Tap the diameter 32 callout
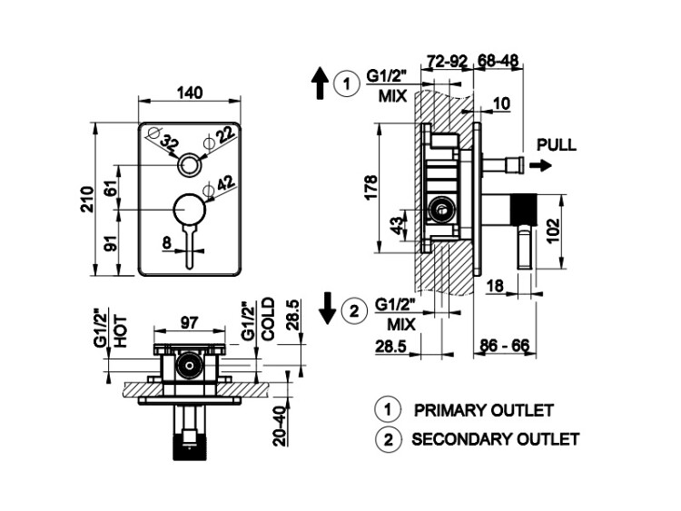click(x=169, y=142)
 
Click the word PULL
click(x=556, y=144)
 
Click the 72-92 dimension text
click(x=446, y=62)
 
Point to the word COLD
click(x=268, y=319)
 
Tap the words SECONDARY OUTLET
click(x=495, y=439)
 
